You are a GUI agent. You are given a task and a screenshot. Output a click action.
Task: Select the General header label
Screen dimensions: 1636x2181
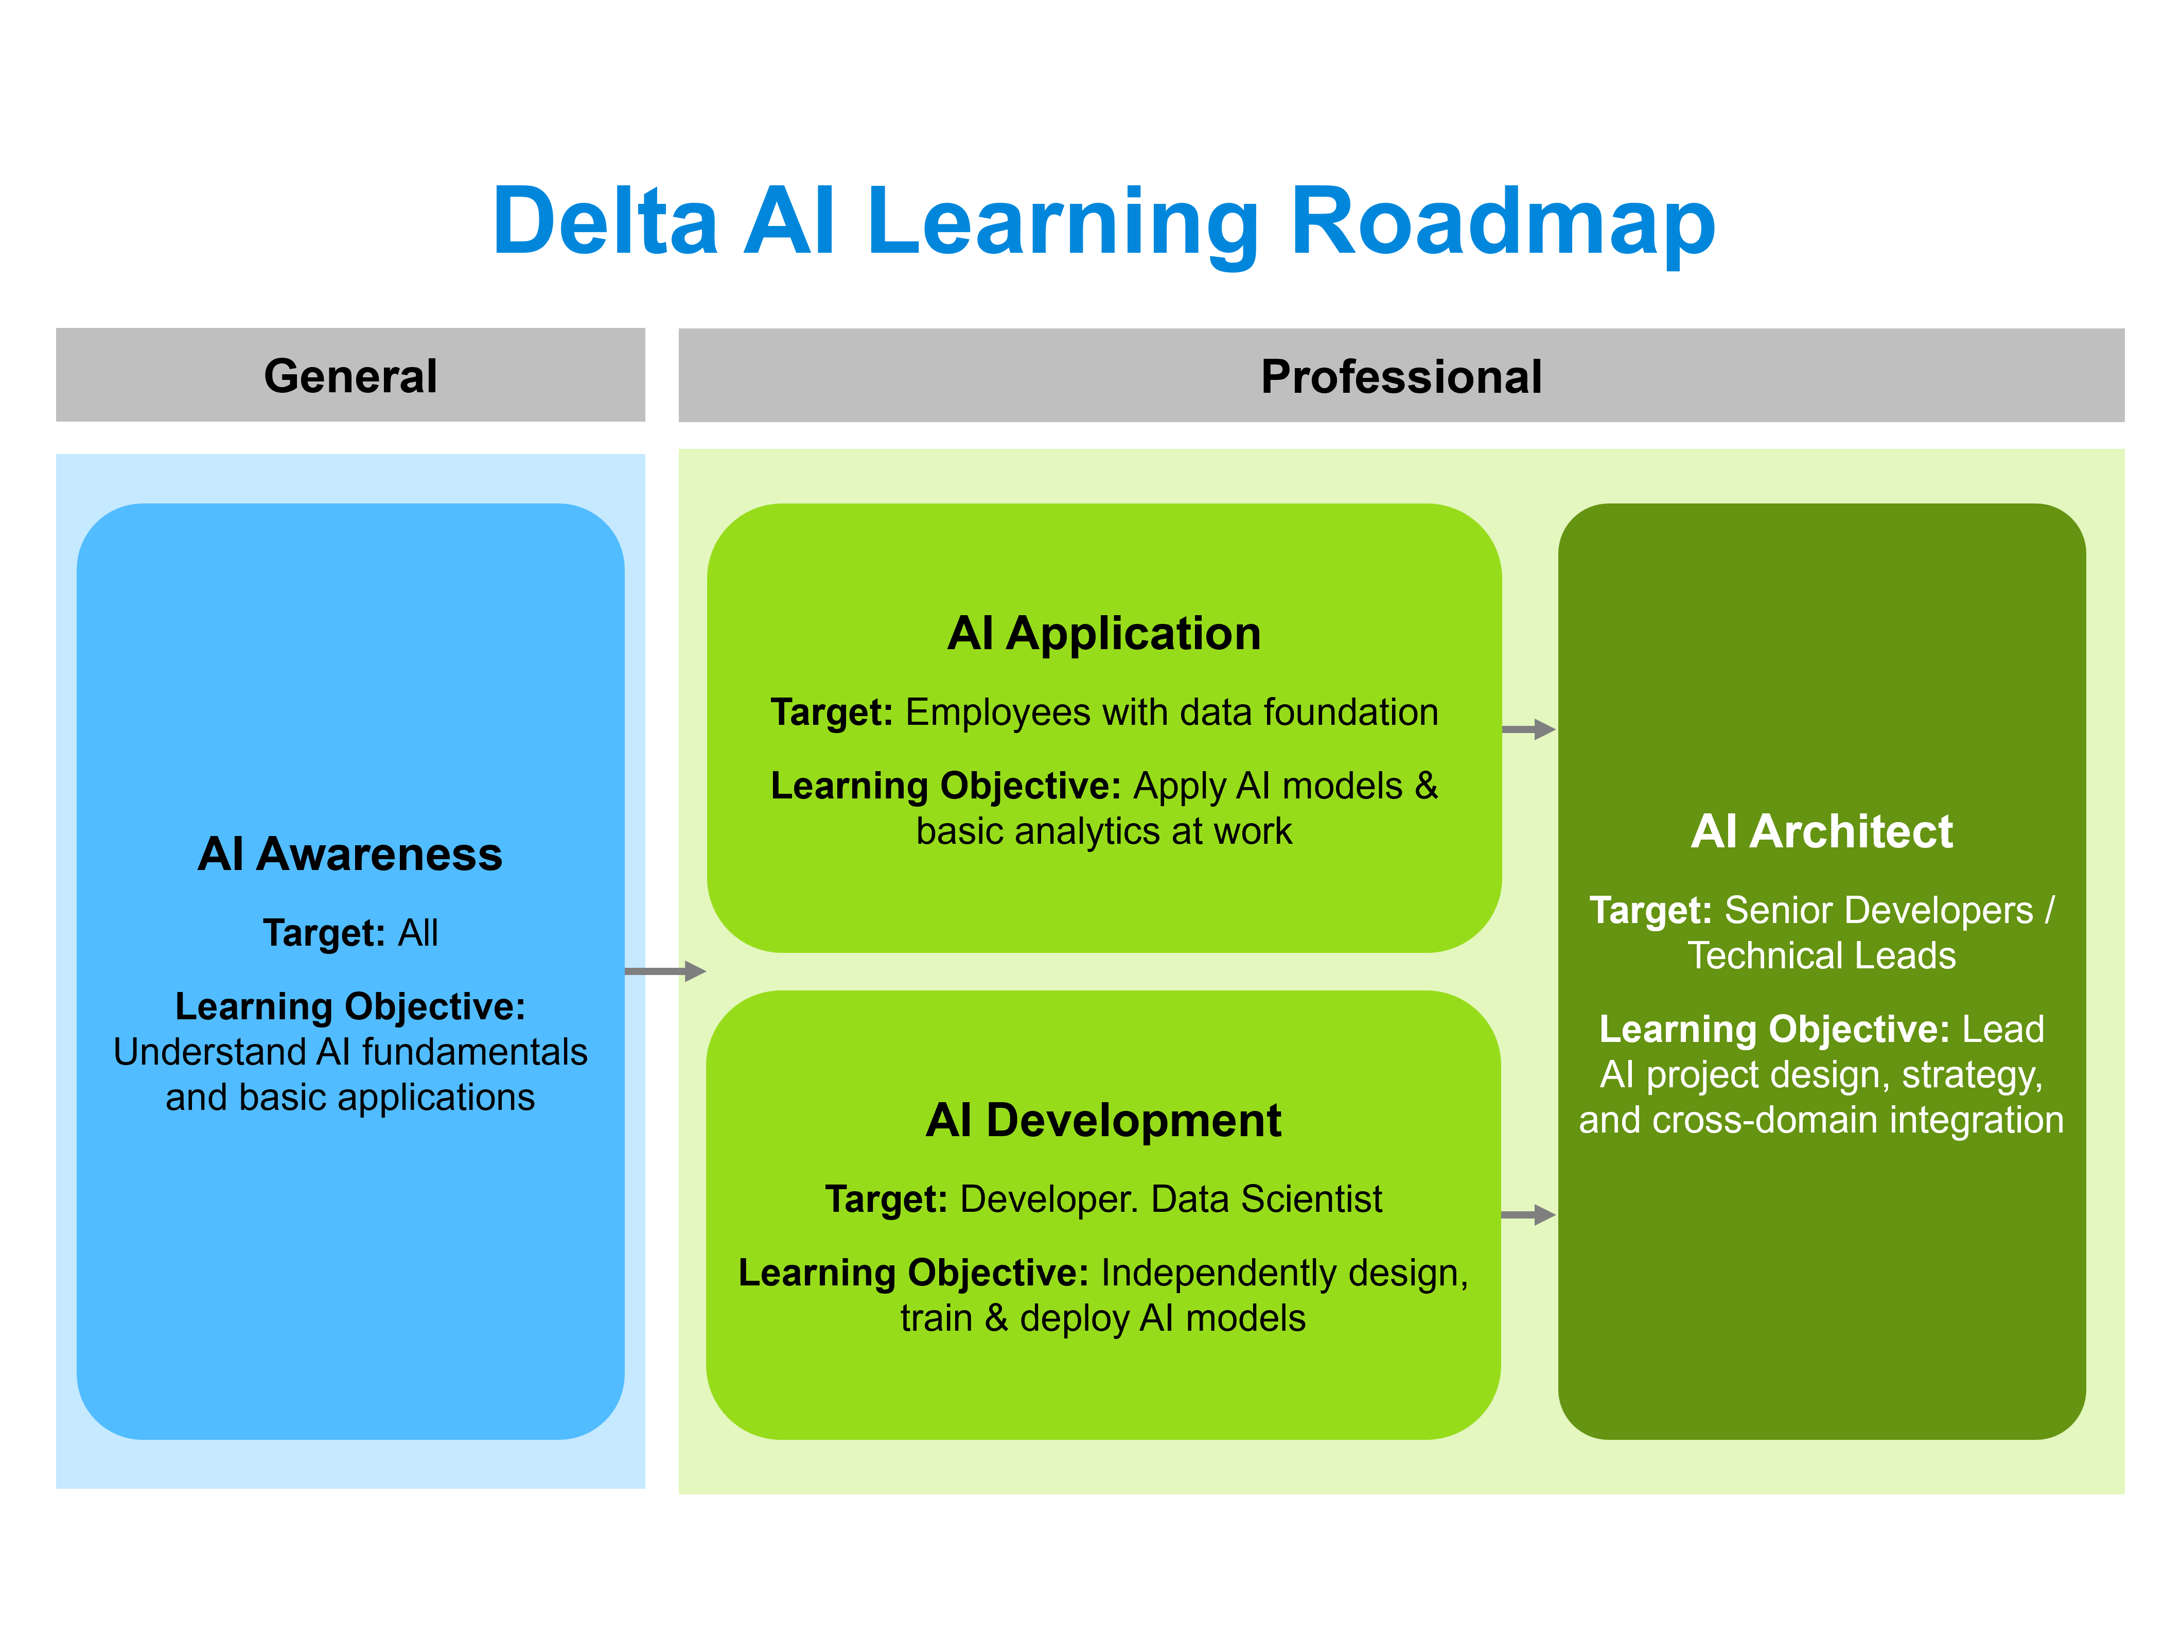click(350, 376)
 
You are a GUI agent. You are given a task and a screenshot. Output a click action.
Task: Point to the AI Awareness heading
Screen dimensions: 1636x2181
click(350, 854)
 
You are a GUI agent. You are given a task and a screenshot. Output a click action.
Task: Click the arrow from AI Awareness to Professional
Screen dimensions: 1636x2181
click(665, 971)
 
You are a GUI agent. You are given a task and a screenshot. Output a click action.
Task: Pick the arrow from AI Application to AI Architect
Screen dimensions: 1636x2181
click(1528, 730)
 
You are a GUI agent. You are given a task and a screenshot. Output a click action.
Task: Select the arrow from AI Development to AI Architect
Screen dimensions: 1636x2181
click(1528, 1215)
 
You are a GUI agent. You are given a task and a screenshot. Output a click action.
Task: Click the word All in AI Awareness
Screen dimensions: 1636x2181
click(418, 933)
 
